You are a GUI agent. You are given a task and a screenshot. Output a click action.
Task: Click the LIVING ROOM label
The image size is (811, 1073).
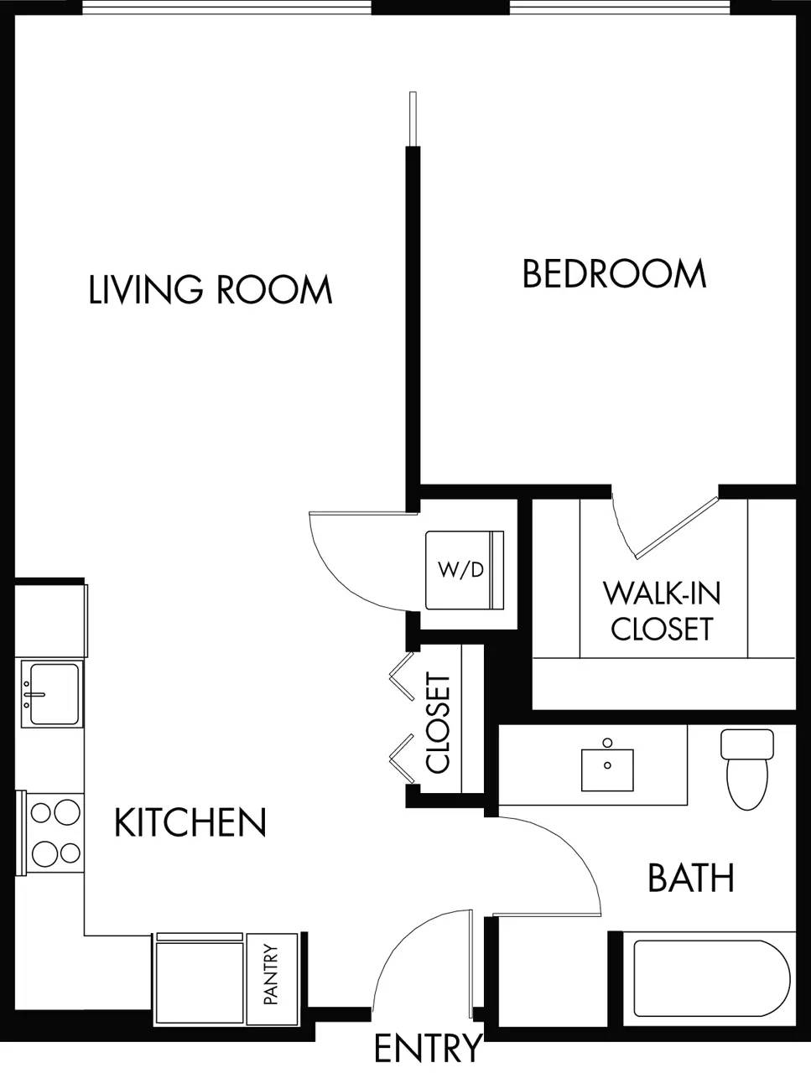tap(211, 290)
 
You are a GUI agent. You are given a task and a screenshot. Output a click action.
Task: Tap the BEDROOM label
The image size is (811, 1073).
tap(614, 275)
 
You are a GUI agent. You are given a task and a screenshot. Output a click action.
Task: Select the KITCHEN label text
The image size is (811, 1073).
tap(190, 823)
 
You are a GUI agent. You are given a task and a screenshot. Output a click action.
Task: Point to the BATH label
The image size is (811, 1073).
tap(691, 879)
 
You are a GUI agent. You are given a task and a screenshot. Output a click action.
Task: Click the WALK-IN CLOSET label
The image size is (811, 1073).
tap(661, 611)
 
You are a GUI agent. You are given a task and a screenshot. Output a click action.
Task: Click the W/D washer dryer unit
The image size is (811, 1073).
tap(464, 570)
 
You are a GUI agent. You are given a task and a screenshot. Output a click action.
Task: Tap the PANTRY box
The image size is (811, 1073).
tap(271, 975)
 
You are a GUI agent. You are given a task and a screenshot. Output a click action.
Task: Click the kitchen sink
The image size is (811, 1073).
tap(52, 694)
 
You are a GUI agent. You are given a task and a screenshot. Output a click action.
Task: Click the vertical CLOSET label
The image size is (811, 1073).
tap(439, 723)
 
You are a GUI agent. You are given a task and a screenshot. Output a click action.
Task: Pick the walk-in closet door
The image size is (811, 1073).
tap(675, 528)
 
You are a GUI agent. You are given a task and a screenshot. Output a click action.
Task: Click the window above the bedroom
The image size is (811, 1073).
tap(620, 8)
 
